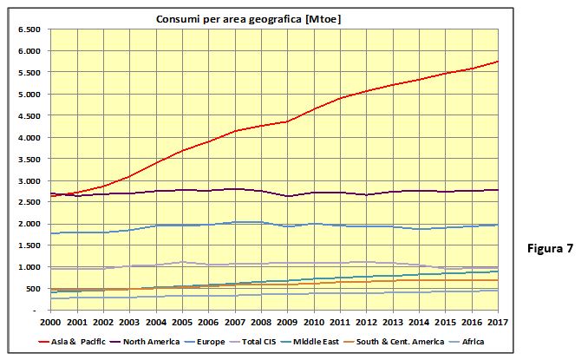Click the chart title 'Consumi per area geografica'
coord(228,19)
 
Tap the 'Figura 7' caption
coord(550,248)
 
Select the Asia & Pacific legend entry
coord(72,342)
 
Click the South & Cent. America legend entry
coord(394,342)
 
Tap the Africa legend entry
coord(467,342)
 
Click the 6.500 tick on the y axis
coord(29,29)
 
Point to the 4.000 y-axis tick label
coord(29,138)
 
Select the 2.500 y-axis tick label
coord(29,202)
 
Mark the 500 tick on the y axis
coord(33,289)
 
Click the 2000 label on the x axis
coord(50,322)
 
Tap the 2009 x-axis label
coord(287,322)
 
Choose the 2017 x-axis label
coord(498,322)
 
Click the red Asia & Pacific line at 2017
coord(498,61)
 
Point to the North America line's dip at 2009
coord(288,196)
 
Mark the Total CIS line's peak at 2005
coord(182,262)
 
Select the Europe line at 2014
coord(419,229)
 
